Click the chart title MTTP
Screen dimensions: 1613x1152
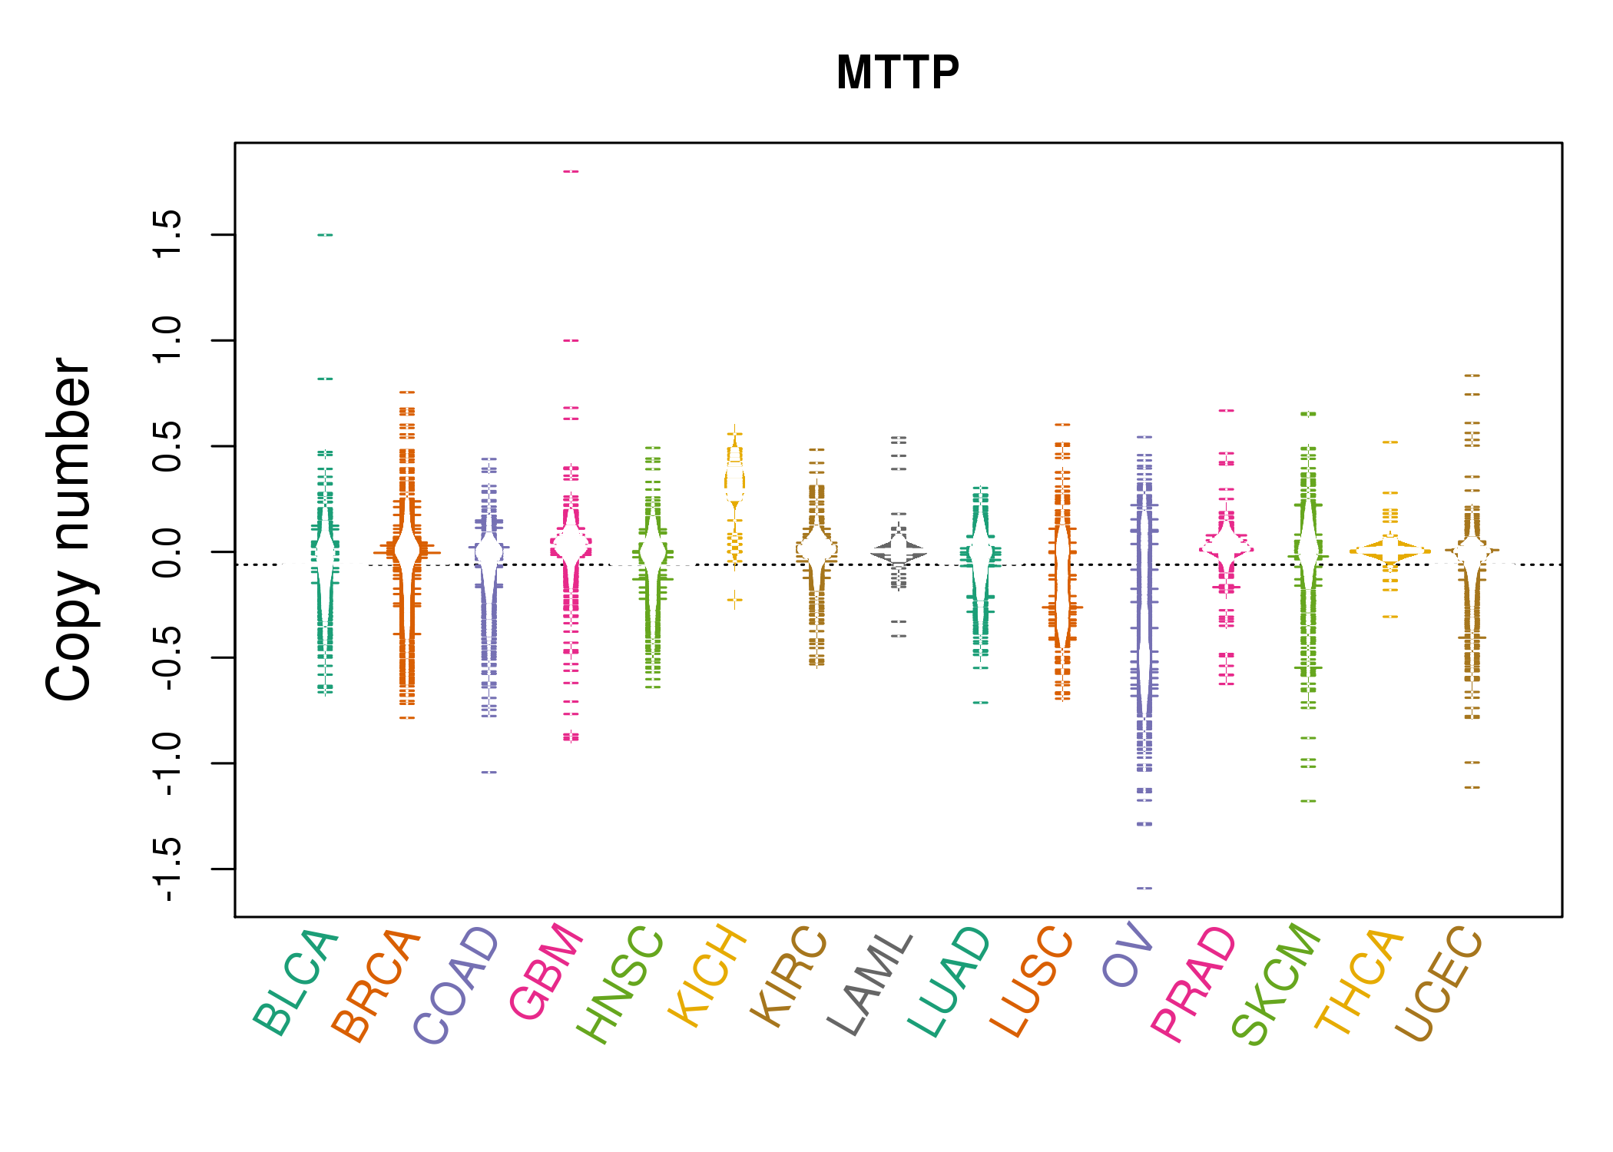[898, 73]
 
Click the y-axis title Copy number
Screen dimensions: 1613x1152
[68, 529]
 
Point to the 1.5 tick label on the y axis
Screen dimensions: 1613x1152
[167, 234]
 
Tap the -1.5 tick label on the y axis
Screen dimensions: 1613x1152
[167, 869]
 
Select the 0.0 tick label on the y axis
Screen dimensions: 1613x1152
[167, 551]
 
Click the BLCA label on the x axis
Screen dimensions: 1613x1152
[296, 982]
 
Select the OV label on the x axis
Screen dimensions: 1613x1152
[1127, 956]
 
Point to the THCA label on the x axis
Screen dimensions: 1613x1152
[1359, 982]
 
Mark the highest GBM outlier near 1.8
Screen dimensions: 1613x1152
[571, 171]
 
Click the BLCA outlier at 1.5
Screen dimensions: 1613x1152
[325, 234]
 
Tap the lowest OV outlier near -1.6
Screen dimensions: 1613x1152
[1144, 888]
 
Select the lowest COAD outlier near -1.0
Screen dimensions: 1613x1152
[489, 772]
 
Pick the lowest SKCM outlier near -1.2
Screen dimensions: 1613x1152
[1308, 801]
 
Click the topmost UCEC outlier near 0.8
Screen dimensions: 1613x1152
[1472, 376]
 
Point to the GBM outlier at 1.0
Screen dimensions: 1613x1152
[571, 340]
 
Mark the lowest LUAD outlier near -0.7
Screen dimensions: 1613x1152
[980, 703]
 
